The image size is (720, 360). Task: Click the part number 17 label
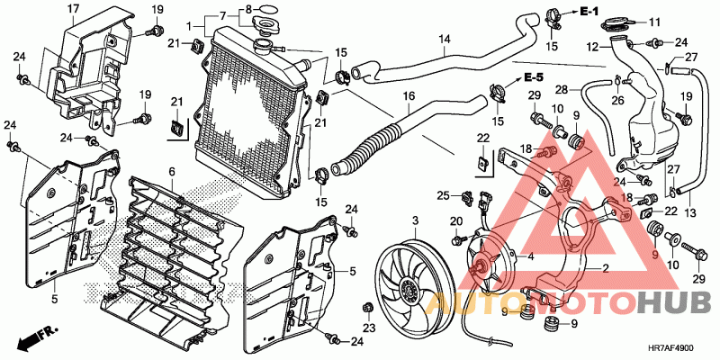74,9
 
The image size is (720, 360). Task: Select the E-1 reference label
589,12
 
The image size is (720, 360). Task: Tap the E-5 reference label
533,77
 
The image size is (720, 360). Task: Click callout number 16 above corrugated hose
409,96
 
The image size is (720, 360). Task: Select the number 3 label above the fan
415,221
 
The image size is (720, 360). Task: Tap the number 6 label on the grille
172,172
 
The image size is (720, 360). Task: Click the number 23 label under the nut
369,328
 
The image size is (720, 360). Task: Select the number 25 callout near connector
443,196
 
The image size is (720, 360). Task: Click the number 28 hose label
562,89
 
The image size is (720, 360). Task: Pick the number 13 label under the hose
690,213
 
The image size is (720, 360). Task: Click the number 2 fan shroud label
606,268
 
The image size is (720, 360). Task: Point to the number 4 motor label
530,256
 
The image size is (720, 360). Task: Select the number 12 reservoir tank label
594,47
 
